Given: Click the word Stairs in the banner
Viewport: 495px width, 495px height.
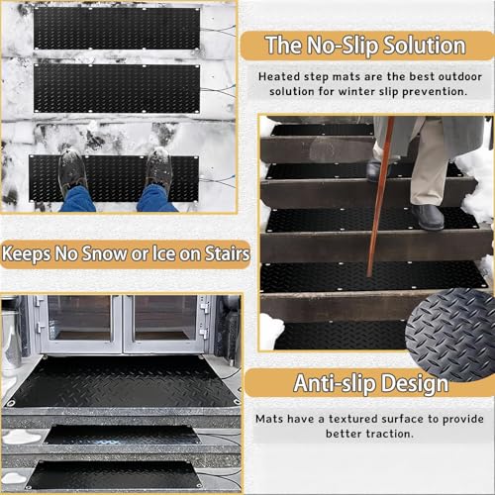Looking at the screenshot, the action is coord(227,253).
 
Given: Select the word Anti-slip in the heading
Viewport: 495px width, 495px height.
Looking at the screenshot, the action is coord(334,383).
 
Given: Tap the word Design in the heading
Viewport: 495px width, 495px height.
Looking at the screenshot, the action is coord(414,383).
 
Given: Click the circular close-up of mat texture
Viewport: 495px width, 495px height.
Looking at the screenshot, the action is coord(450,334).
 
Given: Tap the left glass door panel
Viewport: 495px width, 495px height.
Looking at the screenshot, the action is coord(79,318).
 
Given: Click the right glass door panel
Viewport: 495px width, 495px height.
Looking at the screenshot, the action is coord(165,318).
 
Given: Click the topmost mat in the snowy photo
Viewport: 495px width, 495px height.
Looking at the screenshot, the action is coord(117,29).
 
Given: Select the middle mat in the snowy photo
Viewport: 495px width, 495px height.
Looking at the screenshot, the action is coord(117,88).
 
